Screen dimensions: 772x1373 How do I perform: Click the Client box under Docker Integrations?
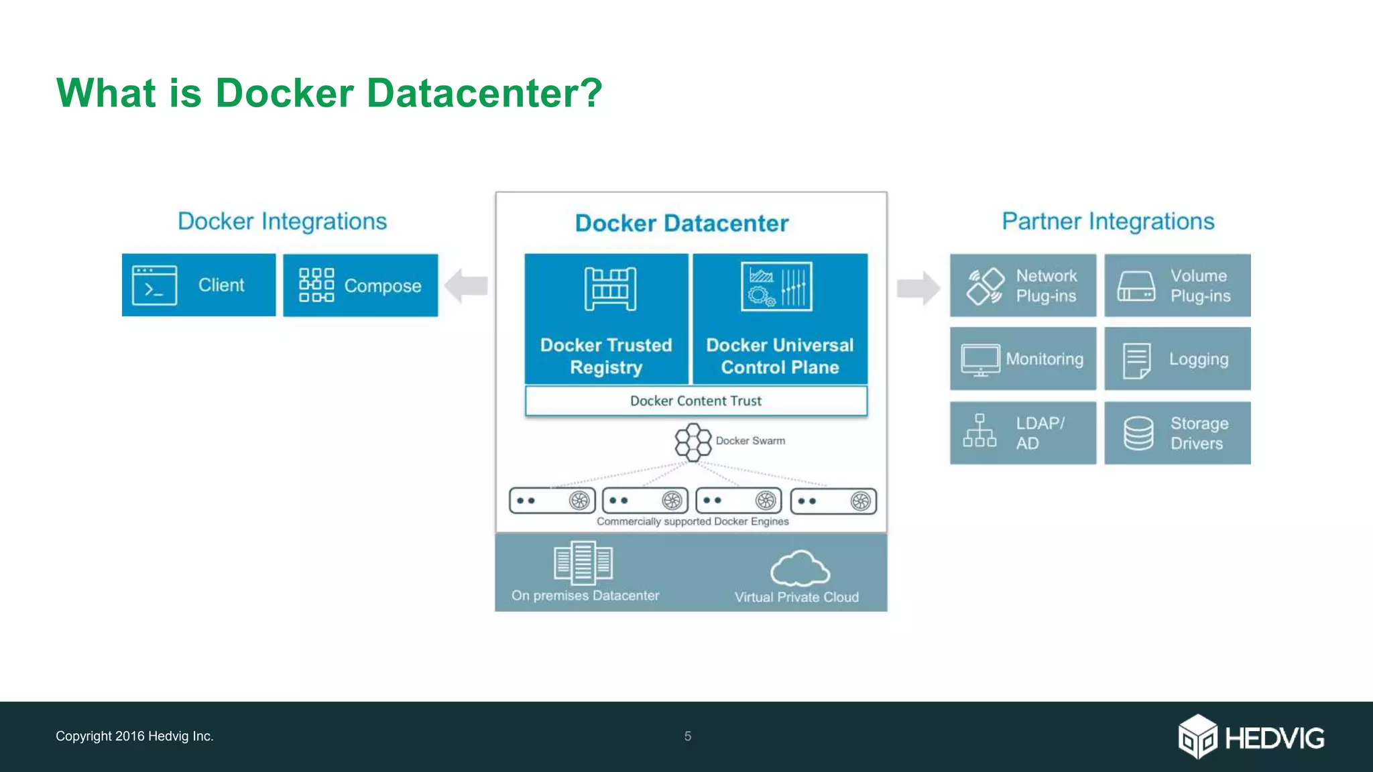click(x=198, y=285)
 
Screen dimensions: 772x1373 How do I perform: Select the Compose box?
click(x=360, y=285)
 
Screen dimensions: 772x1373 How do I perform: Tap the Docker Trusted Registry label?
click(x=606, y=356)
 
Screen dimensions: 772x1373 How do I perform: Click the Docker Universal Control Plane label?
click(x=780, y=356)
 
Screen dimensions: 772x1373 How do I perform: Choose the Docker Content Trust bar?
click(x=696, y=401)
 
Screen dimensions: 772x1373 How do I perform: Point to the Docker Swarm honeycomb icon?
click(x=693, y=442)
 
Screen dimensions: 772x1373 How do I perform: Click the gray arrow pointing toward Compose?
click(x=467, y=286)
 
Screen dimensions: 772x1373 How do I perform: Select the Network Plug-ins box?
click(x=1022, y=285)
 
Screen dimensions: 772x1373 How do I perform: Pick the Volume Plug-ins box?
click(x=1177, y=285)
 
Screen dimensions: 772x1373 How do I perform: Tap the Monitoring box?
click(x=1022, y=359)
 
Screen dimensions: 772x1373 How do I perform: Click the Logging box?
click(x=1177, y=359)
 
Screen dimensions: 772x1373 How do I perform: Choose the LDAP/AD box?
click(x=1022, y=433)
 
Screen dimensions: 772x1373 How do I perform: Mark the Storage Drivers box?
click(x=1177, y=433)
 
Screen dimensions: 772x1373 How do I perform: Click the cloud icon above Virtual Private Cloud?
click(x=800, y=568)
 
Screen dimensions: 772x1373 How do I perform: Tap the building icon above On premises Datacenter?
click(x=583, y=562)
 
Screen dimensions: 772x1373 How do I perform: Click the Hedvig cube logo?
click(x=1197, y=736)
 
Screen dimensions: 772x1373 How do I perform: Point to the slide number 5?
click(x=688, y=736)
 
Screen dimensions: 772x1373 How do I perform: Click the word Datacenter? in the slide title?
click(x=485, y=92)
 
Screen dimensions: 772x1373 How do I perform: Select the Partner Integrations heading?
click(x=1108, y=221)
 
